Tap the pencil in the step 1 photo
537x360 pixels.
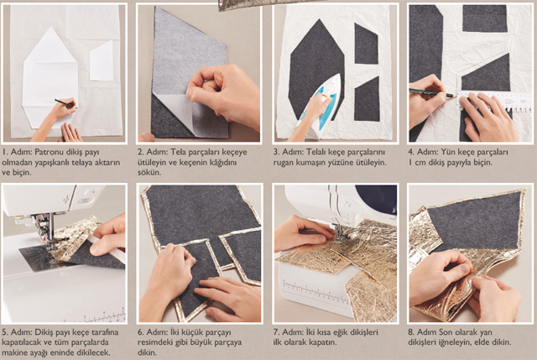point(65,103)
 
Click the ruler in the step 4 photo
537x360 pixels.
point(493,100)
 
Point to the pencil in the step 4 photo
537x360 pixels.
point(432,93)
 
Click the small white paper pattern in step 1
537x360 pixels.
point(102,61)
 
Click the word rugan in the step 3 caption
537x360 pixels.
point(284,163)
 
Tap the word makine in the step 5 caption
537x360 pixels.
point(14,352)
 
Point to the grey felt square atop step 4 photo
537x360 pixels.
point(485,18)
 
